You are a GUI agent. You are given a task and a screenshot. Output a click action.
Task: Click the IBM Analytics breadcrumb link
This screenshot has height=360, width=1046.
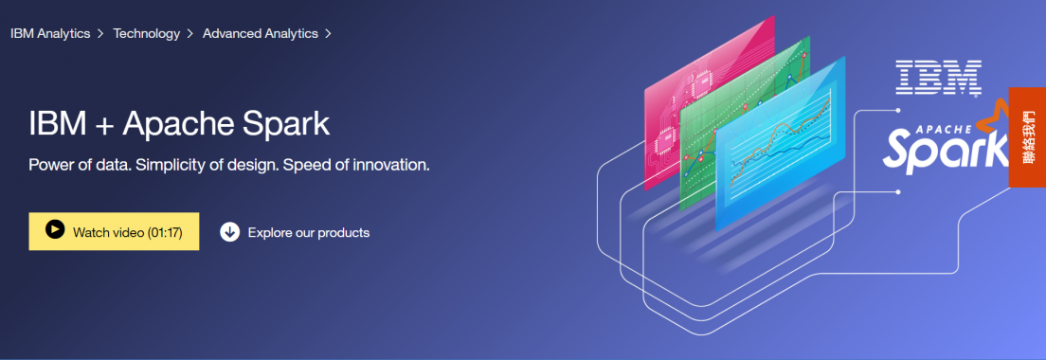click(x=50, y=33)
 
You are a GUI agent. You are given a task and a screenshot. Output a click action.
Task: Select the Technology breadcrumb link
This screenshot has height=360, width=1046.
click(x=147, y=33)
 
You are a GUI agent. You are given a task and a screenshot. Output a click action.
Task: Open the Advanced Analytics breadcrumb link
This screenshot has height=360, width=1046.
click(x=261, y=33)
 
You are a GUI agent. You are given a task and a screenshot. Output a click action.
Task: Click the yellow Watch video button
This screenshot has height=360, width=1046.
click(x=114, y=231)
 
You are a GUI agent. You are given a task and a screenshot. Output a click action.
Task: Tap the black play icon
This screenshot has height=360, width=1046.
click(x=55, y=229)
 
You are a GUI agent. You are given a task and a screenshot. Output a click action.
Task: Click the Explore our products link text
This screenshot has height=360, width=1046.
click(x=309, y=233)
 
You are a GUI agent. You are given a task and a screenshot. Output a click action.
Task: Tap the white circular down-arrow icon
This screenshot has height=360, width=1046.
click(x=229, y=232)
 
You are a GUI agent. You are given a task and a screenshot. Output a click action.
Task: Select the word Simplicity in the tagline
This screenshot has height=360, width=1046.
click(x=170, y=165)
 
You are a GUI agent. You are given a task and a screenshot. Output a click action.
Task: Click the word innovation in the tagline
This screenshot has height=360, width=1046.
click(x=388, y=165)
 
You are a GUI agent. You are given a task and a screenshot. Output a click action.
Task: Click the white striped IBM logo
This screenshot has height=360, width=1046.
click(x=938, y=77)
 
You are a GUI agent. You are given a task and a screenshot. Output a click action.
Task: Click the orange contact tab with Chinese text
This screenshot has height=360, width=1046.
click(x=1027, y=136)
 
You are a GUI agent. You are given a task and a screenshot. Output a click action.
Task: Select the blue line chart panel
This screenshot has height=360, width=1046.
click(x=779, y=143)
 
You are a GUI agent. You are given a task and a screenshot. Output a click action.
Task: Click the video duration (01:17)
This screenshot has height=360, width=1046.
click(x=165, y=233)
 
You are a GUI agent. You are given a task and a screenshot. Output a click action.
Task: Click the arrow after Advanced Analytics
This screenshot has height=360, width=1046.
click(x=328, y=33)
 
